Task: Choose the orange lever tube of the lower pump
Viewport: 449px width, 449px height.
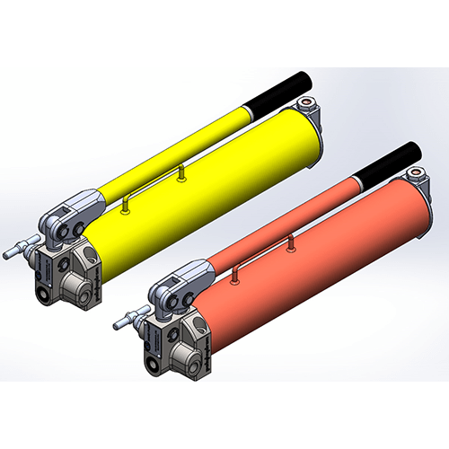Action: [278, 224]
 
